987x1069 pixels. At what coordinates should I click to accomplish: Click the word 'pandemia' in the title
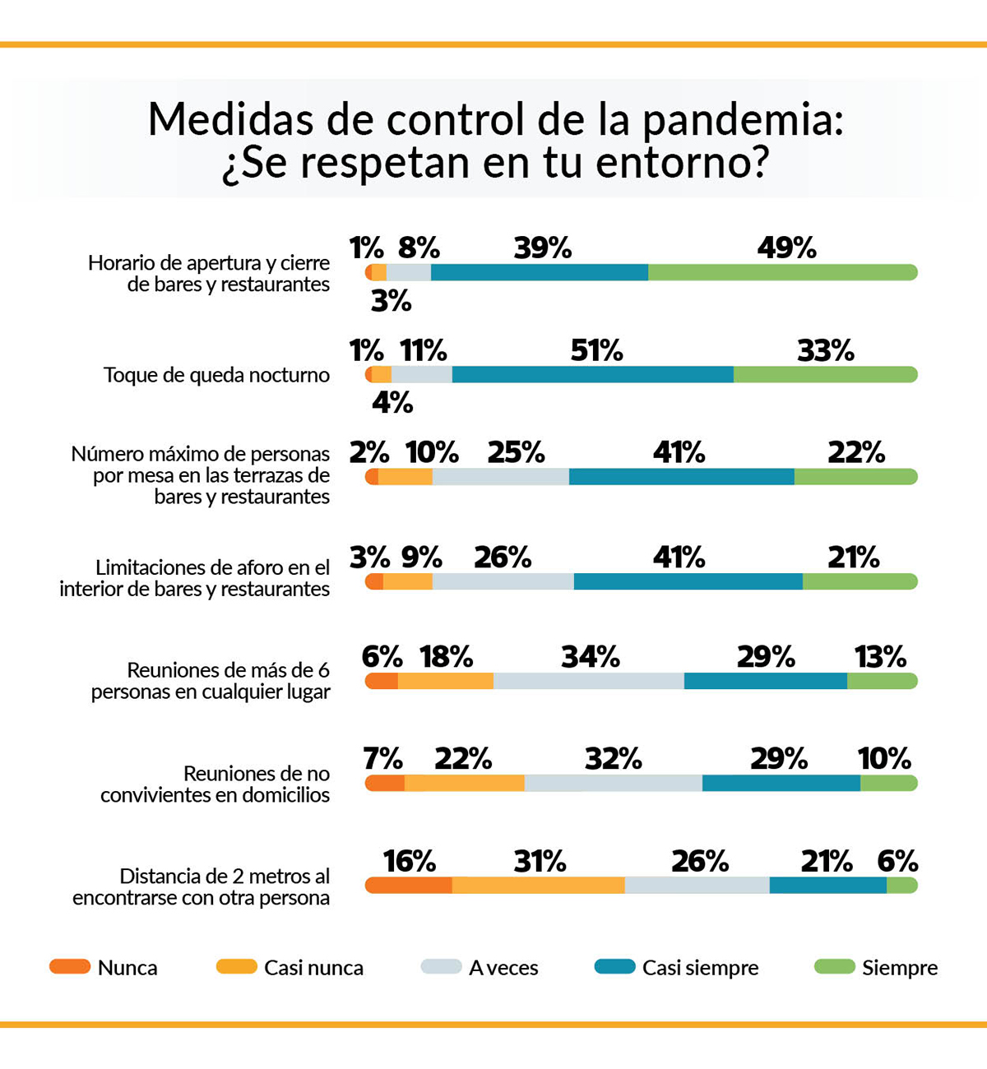[742, 120]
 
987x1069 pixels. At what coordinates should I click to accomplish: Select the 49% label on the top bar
[786, 248]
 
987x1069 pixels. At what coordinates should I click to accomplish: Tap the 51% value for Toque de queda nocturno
[596, 351]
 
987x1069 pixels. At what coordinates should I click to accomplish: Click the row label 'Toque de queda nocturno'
[216, 375]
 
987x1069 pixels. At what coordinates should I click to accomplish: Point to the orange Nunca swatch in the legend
[70, 967]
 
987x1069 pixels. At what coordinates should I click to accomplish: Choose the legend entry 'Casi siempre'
[700, 968]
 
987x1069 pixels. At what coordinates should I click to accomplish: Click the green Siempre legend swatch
[834, 967]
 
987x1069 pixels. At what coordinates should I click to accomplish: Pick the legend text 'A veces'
[503, 968]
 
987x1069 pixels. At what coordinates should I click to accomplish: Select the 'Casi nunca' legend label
[313, 968]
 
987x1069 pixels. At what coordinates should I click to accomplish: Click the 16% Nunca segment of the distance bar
[409, 886]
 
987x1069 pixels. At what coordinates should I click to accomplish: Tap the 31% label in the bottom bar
[540, 861]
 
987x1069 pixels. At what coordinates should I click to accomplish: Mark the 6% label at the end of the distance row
[897, 861]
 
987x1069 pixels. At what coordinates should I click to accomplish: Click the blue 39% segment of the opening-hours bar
[540, 272]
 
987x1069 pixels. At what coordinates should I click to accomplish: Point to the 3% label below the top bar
[391, 302]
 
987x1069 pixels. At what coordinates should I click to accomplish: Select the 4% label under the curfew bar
[392, 403]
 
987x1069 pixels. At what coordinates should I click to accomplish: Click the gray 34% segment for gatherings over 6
[589, 681]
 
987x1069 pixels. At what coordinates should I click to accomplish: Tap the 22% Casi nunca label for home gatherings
[463, 758]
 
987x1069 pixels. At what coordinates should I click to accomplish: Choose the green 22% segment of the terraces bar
[855, 477]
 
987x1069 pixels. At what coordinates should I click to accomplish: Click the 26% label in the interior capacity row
[503, 558]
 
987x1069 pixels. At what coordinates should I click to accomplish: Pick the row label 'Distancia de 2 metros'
[201, 886]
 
